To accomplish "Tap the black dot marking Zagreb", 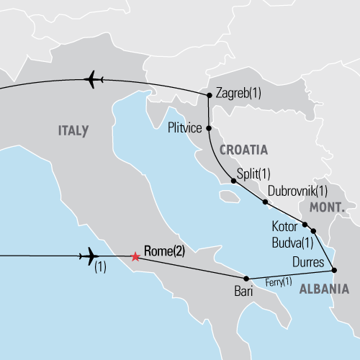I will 209,94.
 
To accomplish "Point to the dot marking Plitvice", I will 209,128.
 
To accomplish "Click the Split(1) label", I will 253,174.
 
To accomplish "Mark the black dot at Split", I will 233,181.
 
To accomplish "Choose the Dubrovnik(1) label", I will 297,192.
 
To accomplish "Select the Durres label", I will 310,261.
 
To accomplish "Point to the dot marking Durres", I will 333,270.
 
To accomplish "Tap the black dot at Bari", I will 246,279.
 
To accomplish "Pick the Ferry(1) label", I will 279,281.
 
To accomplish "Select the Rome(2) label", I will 165,251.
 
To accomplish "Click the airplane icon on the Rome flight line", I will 89,255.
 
